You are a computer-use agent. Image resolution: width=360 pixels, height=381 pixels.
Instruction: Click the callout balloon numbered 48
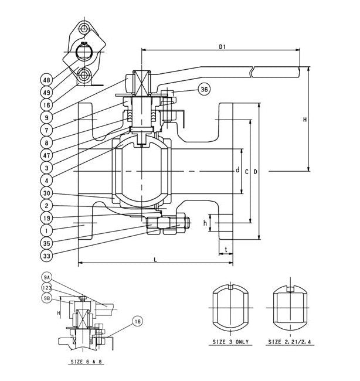click(47, 79)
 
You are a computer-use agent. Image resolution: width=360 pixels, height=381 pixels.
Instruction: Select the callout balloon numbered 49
click(47, 91)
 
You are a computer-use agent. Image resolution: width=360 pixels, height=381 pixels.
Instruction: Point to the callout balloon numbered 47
click(47, 154)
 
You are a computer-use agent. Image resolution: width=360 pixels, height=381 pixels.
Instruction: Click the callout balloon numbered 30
click(47, 193)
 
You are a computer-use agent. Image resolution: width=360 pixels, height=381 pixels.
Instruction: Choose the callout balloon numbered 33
click(47, 256)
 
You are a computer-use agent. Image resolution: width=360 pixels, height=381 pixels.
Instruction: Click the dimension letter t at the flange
click(226, 249)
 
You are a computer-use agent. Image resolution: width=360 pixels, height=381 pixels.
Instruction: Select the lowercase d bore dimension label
click(237, 171)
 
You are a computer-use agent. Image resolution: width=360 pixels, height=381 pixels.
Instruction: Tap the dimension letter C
click(246, 171)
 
